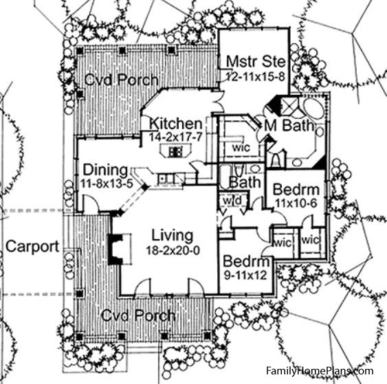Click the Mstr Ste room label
click(x=256, y=61)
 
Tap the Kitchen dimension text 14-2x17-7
click(x=176, y=137)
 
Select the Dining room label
click(x=105, y=170)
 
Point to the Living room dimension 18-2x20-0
click(x=173, y=251)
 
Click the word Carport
click(x=32, y=247)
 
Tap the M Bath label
click(x=289, y=125)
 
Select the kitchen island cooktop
click(x=175, y=151)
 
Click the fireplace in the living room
click(x=115, y=249)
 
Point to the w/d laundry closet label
click(x=232, y=201)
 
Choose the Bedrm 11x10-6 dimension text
click(x=296, y=203)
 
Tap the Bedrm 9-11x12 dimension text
click(x=245, y=275)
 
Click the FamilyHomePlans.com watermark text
click(x=320, y=371)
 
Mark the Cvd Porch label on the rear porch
click(x=121, y=80)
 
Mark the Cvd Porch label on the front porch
click(x=138, y=315)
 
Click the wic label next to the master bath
click(x=241, y=148)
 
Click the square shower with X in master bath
click(x=289, y=106)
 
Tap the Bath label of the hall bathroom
click(x=245, y=182)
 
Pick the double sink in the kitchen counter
click(x=166, y=179)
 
